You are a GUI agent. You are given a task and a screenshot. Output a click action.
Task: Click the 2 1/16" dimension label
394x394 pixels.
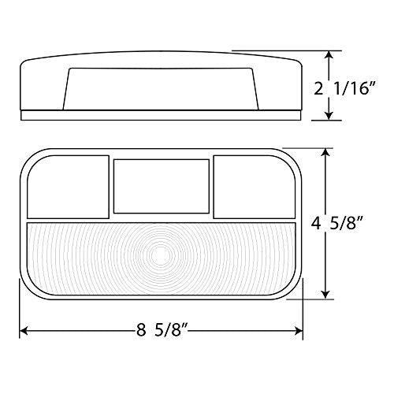[345, 88]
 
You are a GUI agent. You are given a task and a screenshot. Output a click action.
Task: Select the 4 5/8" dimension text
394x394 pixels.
[337, 224]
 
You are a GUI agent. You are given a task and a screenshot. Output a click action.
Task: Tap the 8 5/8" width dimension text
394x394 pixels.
[162, 329]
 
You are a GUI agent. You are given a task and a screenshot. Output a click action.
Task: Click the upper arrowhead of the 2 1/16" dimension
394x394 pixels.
[329, 55]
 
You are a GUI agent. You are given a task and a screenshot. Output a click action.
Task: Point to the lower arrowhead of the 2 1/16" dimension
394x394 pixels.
[329, 116]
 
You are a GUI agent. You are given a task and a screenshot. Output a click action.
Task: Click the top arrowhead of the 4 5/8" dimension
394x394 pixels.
[325, 153]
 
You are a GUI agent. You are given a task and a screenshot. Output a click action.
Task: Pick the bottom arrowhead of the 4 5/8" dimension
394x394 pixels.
[325, 294]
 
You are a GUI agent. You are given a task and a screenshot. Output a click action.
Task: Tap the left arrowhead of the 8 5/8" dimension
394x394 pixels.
[24, 331]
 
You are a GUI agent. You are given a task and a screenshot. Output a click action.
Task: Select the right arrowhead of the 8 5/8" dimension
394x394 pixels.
[299, 331]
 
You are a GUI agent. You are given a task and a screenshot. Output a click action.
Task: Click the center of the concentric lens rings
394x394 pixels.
[161, 255]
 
